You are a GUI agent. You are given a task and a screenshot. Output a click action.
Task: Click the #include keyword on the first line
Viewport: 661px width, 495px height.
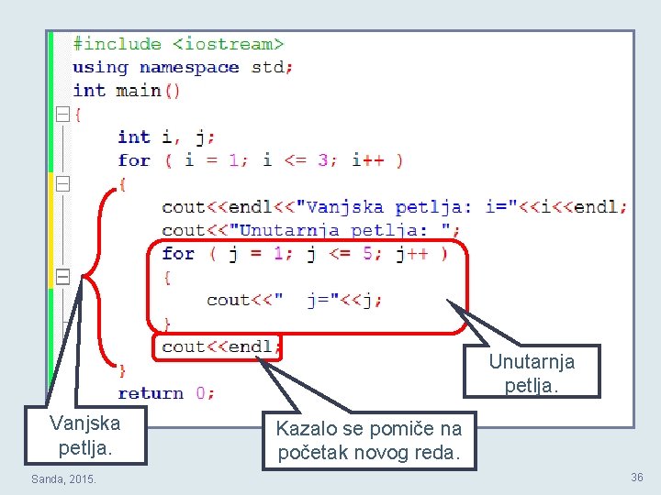[118, 44]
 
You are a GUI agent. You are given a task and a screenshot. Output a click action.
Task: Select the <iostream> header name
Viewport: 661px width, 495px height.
[229, 44]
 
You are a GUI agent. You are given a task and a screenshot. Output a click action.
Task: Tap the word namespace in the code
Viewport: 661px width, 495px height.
[189, 68]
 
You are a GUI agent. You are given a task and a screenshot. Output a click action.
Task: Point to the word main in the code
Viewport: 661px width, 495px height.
[139, 91]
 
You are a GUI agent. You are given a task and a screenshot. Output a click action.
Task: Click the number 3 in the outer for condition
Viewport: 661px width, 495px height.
[323, 160]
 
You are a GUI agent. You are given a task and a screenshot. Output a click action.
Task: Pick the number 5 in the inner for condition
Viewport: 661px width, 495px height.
[367, 254]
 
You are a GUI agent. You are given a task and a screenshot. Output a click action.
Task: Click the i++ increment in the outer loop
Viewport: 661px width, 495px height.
[368, 160]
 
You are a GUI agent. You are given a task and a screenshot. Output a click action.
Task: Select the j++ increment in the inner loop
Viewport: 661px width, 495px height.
[412, 254]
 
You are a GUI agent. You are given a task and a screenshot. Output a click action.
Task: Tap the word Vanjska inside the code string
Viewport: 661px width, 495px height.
[344, 207]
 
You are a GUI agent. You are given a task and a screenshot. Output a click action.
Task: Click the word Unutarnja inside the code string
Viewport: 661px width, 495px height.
[289, 230]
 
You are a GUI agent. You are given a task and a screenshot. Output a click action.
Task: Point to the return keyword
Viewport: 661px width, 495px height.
[151, 393]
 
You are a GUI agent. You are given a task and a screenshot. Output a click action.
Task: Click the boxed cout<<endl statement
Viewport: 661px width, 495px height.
[217, 347]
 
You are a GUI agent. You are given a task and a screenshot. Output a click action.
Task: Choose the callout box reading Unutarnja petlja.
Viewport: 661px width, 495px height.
[532, 371]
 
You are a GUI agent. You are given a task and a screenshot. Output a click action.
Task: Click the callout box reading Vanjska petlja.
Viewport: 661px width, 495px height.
[85, 435]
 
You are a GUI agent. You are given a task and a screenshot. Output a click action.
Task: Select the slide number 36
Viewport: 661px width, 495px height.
[637, 477]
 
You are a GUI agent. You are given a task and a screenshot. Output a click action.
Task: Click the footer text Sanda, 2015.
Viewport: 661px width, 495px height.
[63, 479]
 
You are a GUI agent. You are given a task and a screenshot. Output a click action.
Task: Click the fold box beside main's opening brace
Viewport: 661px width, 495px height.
[62, 114]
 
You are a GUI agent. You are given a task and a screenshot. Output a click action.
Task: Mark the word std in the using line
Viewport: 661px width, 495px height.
[267, 67]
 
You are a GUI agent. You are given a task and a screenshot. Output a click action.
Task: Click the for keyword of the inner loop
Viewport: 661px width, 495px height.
[178, 254]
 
